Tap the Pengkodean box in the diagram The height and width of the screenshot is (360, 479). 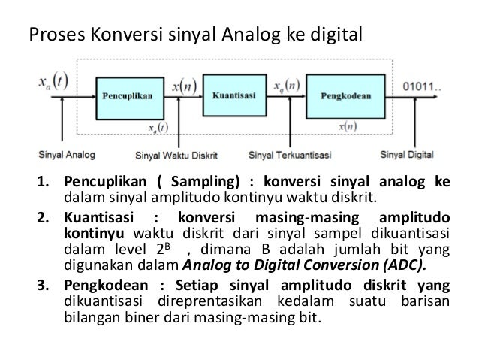[x=343, y=96]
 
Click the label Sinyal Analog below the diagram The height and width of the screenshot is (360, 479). [x=65, y=156]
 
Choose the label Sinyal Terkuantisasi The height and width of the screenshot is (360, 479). [x=290, y=157]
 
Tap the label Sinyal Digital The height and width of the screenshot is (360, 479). [x=407, y=156]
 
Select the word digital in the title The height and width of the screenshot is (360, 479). [x=336, y=35]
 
